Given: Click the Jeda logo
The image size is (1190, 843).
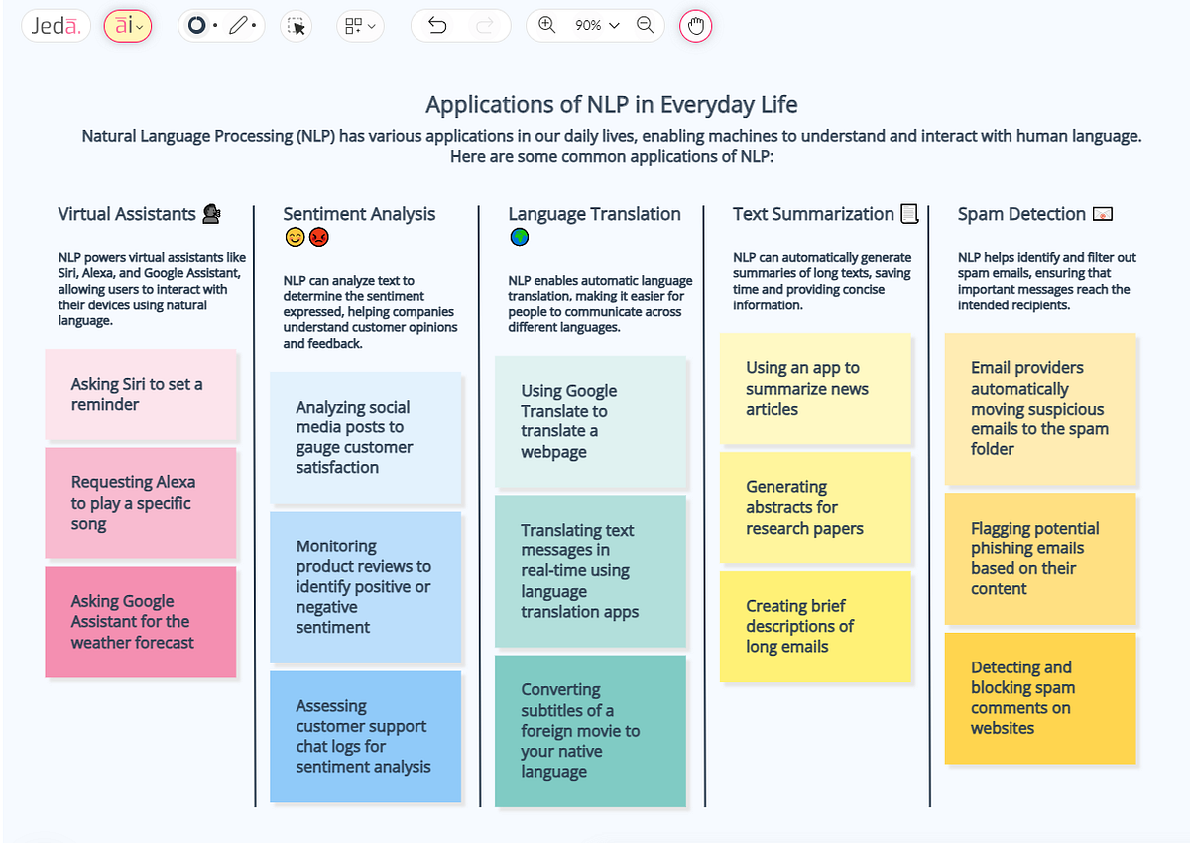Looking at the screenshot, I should (x=56, y=26).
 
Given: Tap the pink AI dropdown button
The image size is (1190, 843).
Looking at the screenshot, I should (x=128, y=26).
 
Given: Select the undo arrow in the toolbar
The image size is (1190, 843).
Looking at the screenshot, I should (x=437, y=26).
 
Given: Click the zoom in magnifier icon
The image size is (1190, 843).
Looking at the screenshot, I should (x=547, y=26).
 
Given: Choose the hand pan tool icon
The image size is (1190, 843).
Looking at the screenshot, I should (x=695, y=26).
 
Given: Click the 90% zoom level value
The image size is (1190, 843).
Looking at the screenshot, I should (x=588, y=26).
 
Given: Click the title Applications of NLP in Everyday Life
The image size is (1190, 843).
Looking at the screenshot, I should (x=611, y=105).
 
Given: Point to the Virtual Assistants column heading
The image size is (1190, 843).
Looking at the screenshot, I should (x=127, y=214).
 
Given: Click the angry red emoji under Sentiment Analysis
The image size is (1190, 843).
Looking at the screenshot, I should (x=318, y=238).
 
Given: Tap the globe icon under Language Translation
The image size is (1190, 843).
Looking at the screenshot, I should (x=519, y=238).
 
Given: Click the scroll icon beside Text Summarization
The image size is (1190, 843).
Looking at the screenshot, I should (x=909, y=214).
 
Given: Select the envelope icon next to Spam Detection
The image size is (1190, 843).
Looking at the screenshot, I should (x=1102, y=214).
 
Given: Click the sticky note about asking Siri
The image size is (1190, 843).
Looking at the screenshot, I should (x=141, y=394).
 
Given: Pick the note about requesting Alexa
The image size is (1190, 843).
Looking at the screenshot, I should (x=141, y=503).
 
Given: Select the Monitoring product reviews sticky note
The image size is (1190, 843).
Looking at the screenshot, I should (x=365, y=586).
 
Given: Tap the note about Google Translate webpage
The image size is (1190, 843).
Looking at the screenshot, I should (x=590, y=421).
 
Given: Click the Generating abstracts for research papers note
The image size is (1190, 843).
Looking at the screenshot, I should (x=814, y=507).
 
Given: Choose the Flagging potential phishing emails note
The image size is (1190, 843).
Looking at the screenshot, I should (x=1039, y=558).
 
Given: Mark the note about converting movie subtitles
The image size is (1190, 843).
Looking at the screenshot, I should (x=590, y=730).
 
